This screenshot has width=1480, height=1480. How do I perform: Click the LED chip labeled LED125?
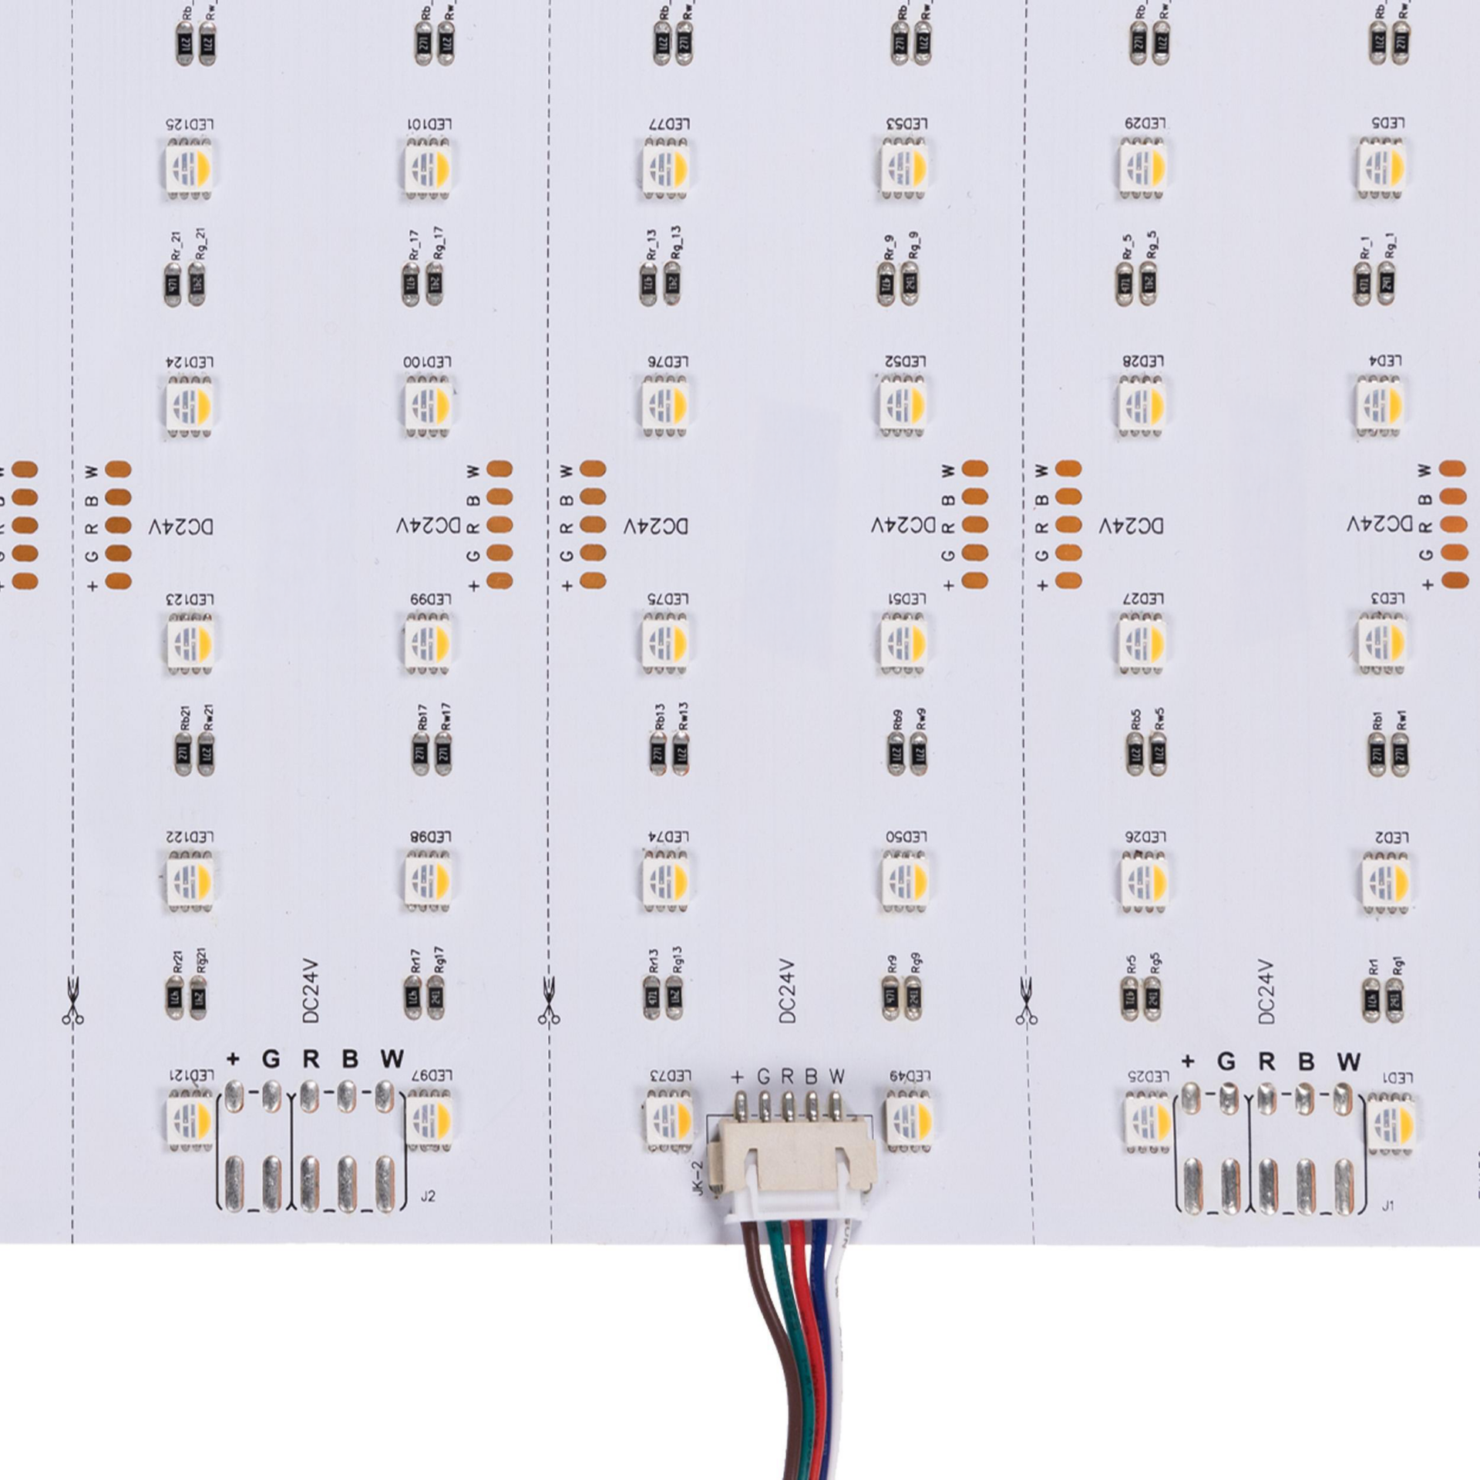pyautogui.click(x=190, y=166)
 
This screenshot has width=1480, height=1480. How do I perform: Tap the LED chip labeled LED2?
pyautogui.click(x=1385, y=879)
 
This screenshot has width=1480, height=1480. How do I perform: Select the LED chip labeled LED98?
pyautogui.click(x=429, y=879)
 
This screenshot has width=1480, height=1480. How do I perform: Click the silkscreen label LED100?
pyautogui.click(x=427, y=362)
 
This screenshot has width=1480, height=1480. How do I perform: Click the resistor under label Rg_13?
pyautogui.click(x=676, y=283)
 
